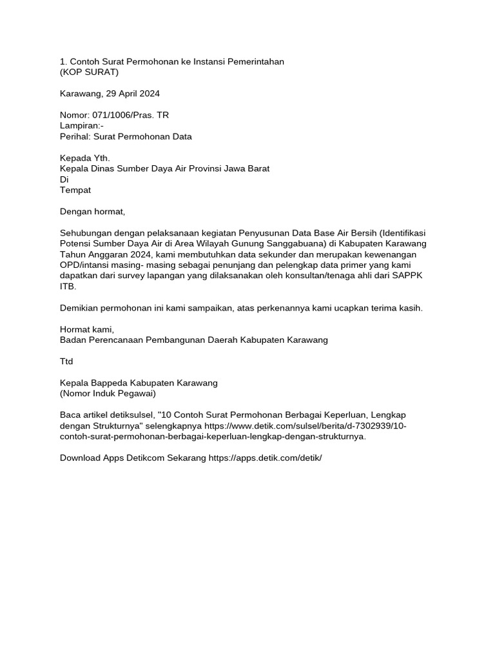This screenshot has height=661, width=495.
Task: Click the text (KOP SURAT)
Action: (89, 72)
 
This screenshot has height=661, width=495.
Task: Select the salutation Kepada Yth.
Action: (85, 158)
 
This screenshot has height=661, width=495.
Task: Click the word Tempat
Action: (75, 190)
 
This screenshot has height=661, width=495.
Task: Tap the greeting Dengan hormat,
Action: (92, 211)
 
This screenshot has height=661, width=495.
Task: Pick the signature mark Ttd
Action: (66, 361)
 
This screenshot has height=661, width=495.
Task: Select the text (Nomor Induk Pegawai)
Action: (108, 393)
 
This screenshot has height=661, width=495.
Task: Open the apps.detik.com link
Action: (265, 458)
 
